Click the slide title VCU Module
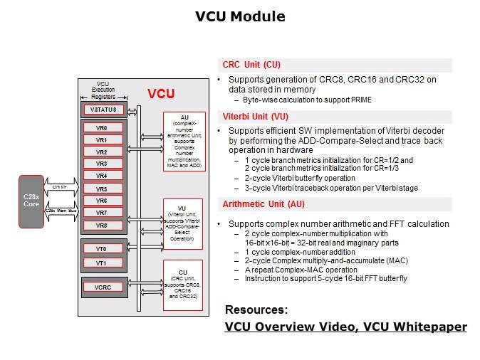click(x=240, y=16)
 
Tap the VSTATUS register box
click(x=105, y=110)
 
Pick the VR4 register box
click(x=102, y=176)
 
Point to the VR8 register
click(x=102, y=226)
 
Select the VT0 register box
click(x=102, y=249)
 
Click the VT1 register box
click(x=102, y=263)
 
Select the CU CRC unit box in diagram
click(x=184, y=285)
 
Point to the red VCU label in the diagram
click(x=161, y=94)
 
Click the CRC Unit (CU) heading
click(x=251, y=65)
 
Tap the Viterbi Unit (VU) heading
click(x=255, y=116)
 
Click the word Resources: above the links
click(x=256, y=309)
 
